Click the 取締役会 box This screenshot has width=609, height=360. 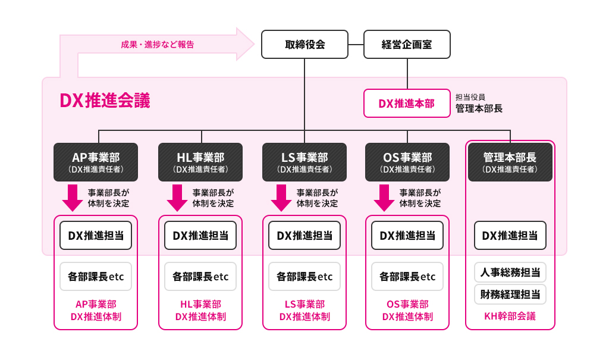[304, 45]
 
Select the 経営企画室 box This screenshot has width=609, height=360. [407, 45]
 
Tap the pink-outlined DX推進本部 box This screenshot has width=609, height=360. [407, 104]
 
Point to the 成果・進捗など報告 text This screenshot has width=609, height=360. [157, 45]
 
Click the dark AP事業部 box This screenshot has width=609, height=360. [96, 162]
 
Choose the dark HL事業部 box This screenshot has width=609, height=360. [200, 162]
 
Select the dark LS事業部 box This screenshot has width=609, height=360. [304, 162]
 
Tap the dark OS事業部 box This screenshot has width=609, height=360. [407, 162]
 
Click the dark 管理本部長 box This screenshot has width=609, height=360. [510, 162]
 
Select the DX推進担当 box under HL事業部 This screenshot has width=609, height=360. [200, 236]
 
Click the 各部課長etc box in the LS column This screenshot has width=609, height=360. [304, 277]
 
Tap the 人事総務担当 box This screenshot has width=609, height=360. [510, 273]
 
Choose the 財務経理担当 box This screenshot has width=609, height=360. [510, 294]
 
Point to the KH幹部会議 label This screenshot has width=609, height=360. [510, 316]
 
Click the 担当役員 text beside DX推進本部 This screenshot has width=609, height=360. [470, 97]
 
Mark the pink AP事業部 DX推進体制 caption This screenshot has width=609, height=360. [96, 311]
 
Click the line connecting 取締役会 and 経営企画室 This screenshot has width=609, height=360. [356, 45]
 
